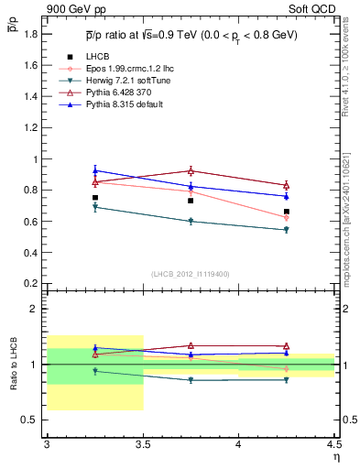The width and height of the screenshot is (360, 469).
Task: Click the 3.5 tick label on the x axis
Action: [143, 444]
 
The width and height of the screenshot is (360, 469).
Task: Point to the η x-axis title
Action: [336, 456]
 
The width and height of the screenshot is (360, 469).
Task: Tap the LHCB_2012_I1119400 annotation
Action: [191, 274]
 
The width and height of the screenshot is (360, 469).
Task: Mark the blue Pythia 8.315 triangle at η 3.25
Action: [95, 169]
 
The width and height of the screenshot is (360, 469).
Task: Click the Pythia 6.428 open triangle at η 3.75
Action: [191, 170]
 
